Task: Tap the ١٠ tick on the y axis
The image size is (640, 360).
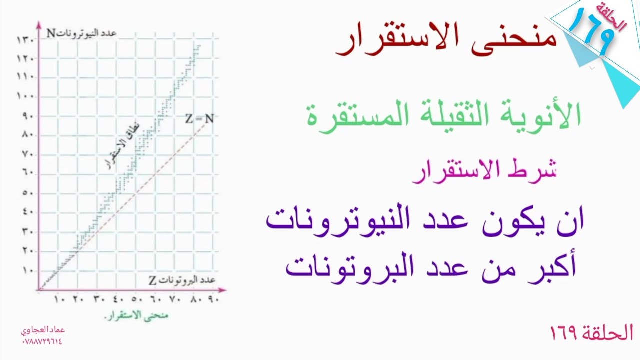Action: point(27,270)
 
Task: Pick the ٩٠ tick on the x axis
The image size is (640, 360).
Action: point(212,300)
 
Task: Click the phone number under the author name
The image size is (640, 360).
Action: point(42,341)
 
